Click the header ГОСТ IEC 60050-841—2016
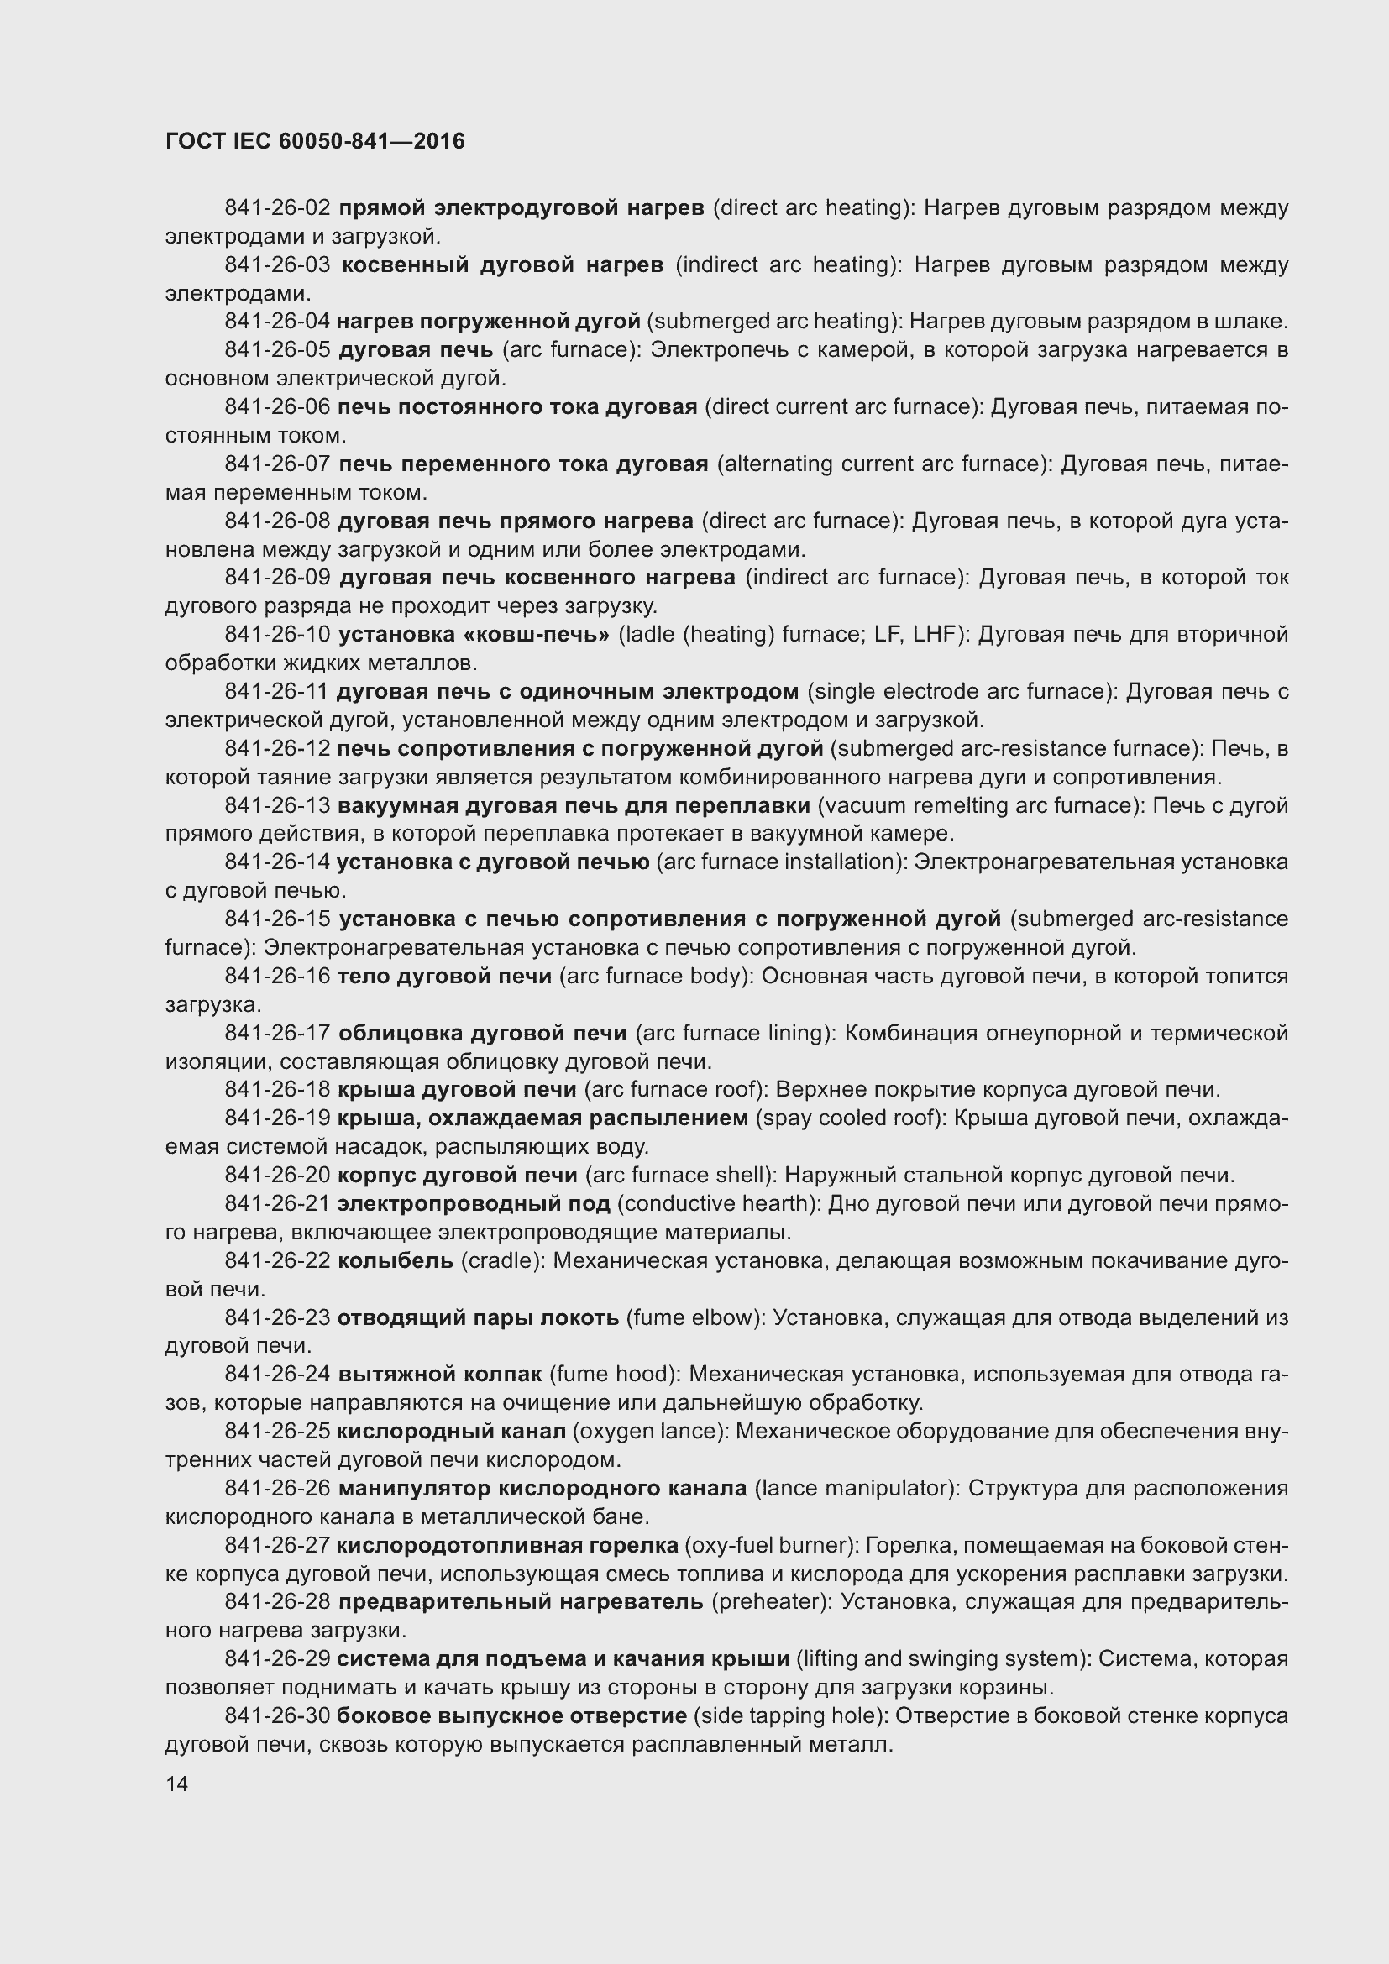coord(315,141)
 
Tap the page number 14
coord(177,1783)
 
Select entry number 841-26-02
coord(277,208)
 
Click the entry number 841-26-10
coord(277,635)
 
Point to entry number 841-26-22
coord(277,1261)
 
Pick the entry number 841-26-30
coord(277,1716)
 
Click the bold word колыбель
coord(396,1261)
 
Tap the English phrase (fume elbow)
coord(694,1318)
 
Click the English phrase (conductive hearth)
coord(719,1203)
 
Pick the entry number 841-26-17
coord(277,1034)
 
